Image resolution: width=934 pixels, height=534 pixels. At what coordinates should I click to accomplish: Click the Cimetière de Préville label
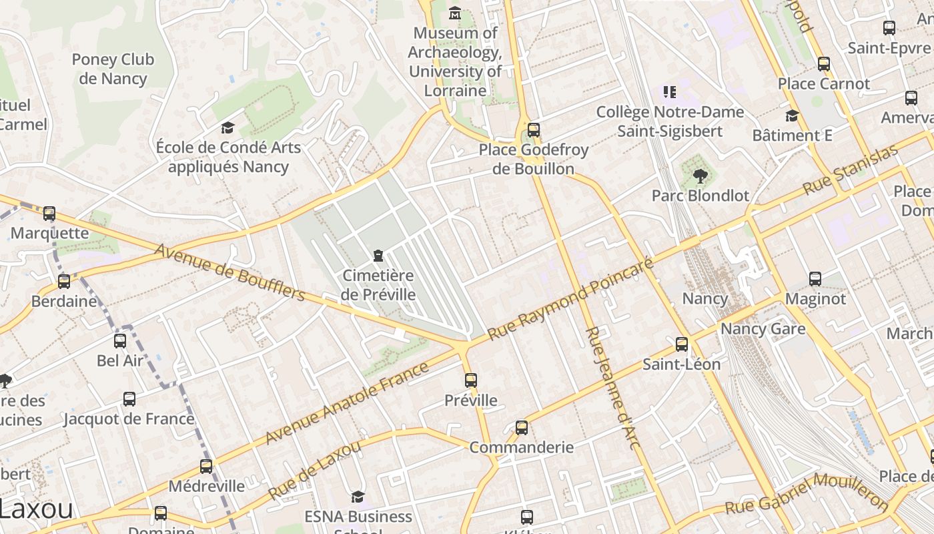(x=378, y=285)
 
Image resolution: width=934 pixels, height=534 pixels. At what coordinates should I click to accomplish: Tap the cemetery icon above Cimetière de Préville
(x=378, y=256)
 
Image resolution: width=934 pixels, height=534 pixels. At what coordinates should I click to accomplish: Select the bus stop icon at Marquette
(x=49, y=214)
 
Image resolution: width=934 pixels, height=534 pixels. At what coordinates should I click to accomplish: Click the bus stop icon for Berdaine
(x=64, y=282)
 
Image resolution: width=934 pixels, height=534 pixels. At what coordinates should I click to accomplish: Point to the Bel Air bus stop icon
(x=120, y=341)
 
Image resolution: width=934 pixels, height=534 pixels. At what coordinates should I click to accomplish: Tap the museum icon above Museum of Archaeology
(x=455, y=13)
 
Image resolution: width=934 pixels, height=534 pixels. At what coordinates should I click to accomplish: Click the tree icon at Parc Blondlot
(x=700, y=176)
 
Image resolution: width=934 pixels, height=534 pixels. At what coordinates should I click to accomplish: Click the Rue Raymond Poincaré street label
(x=570, y=298)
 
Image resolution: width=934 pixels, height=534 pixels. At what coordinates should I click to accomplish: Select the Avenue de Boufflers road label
(x=229, y=272)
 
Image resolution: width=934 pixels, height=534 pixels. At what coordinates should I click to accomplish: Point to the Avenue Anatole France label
(x=347, y=403)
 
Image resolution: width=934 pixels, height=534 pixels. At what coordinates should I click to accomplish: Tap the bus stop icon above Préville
(x=471, y=380)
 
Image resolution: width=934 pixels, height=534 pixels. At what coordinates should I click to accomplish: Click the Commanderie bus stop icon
(x=522, y=428)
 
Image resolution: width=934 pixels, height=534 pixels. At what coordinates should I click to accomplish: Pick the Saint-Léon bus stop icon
(x=682, y=344)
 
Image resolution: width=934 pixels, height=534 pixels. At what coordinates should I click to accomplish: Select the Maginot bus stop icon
(x=815, y=279)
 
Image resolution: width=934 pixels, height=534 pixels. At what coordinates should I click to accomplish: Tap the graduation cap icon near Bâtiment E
(x=792, y=116)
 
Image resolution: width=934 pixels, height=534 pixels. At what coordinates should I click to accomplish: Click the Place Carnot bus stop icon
(x=824, y=64)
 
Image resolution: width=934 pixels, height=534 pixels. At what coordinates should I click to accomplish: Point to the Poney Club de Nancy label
(x=113, y=69)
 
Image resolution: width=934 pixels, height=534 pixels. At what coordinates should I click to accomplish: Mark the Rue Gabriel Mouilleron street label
(x=807, y=495)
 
